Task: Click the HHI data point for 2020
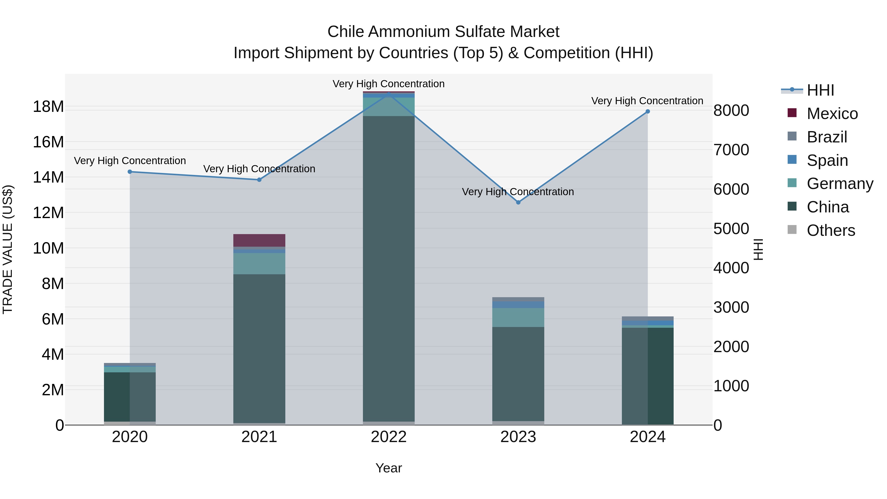[130, 172]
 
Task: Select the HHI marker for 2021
[259, 180]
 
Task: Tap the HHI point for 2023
[518, 203]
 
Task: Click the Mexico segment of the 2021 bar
[259, 240]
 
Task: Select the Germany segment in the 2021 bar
[259, 264]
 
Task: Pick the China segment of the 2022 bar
[389, 269]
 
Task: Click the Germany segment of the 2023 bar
[518, 318]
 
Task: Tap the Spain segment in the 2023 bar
[518, 305]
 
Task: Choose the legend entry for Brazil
[826, 137]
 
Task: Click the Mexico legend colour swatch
[792, 113]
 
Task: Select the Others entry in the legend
[831, 230]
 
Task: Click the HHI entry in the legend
[820, 90]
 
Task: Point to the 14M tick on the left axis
[48, 177]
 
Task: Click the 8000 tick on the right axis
[731, 111]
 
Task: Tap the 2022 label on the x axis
[389, 437]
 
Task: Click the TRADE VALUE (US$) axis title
[8, 249]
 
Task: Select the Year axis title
[389, 468]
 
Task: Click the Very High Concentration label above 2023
[518, 191]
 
